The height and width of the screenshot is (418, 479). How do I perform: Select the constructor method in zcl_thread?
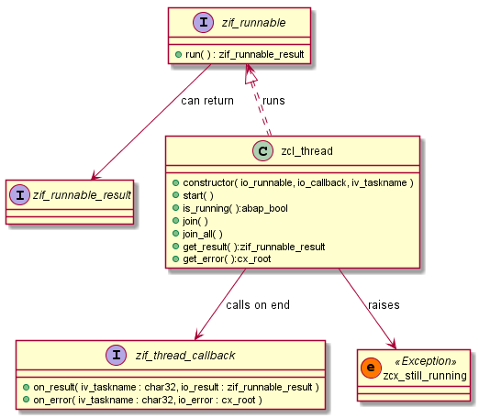click(292, 183)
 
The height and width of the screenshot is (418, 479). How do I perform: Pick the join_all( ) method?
click(203, 235)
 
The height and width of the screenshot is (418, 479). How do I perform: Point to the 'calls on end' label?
click(259, 305)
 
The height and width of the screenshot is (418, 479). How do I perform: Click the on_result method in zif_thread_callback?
click(170, 387)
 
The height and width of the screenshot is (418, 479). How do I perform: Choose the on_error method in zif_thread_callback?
click(142, 400)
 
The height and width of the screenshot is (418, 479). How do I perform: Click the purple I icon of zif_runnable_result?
click(23, 193)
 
